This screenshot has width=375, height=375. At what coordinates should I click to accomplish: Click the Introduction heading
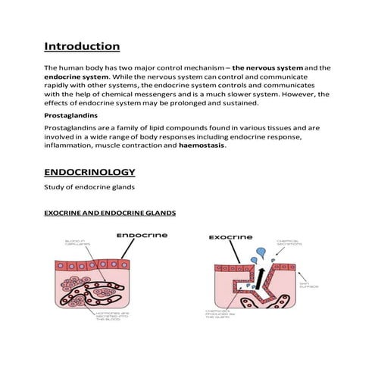click(82, 46)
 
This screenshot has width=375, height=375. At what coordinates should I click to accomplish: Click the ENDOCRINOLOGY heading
click(90, 172)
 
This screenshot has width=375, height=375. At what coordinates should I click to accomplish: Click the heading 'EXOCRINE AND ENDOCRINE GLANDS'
click(110, 214)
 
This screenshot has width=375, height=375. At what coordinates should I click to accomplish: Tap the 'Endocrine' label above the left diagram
click(139, 236)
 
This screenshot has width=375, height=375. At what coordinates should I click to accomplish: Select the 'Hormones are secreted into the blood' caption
click(116, 316)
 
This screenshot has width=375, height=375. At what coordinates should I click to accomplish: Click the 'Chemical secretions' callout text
click(292, 242)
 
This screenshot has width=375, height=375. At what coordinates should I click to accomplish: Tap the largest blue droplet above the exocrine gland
click(260, 252)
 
